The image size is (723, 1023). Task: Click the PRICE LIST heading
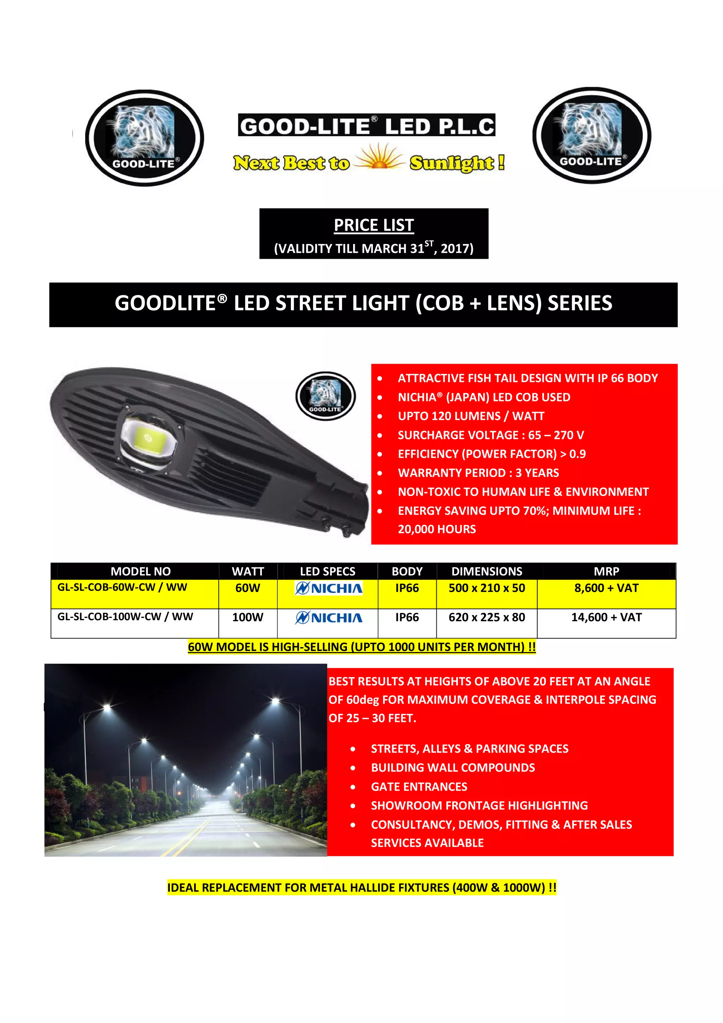point(374,225)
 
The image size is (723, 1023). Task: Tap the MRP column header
point(606,571)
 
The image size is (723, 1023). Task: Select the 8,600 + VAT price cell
point(606,588)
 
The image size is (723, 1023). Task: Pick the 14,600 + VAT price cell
point(606,617)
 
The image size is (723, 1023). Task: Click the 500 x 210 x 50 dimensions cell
point(486,588)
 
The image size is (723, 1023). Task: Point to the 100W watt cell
point(248,617)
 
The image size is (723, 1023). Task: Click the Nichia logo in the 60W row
point(329,588)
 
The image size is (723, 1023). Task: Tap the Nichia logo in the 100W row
point(329,618)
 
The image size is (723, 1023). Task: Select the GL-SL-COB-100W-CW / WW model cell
point(125,617)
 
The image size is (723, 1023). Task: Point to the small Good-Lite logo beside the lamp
point(325,396)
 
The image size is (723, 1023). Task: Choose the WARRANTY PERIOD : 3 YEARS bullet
point(478,473)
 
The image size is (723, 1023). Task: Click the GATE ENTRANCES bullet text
point(419,786)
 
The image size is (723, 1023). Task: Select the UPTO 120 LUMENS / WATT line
point(471,416)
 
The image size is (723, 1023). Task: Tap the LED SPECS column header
point(327,571)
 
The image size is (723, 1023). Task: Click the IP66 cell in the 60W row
point(407,588)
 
